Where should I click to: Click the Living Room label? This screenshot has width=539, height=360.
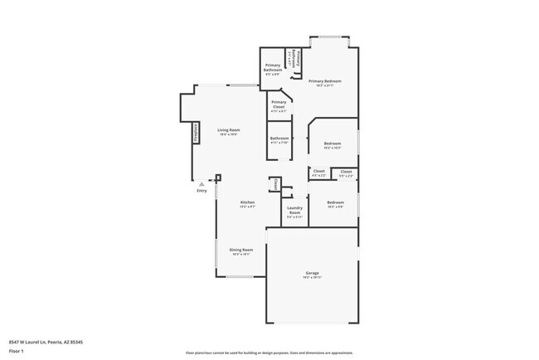click(229, 132)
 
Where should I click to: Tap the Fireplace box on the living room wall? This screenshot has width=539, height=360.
click(196, 134)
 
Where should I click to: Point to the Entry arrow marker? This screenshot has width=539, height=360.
click(202, 183)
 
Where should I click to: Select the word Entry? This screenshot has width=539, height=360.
click(202, 192)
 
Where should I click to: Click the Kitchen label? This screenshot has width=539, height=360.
click(247, 204)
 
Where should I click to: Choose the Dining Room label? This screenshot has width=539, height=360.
click(241, 251)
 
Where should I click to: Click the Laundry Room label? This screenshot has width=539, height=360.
click(294, 212)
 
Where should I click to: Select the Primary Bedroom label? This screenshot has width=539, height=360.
click(325, 82)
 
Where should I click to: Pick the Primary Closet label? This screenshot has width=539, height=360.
click(279, 105)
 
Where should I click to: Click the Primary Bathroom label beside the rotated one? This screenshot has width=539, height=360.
click(273, 69)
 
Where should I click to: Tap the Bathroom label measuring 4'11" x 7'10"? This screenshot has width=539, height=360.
click(279, 139)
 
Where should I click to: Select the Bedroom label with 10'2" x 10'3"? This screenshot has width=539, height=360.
click(333, 145)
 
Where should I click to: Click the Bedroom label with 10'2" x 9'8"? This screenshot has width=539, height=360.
click(335, 204)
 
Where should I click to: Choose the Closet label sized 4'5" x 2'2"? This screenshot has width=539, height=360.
click(318, 173)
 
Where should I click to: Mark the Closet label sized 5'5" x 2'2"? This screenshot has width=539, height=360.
click(346, 173)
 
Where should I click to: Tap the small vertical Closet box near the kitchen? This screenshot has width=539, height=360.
click(275, 185)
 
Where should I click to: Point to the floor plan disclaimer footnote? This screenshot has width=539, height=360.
click(269, 352)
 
